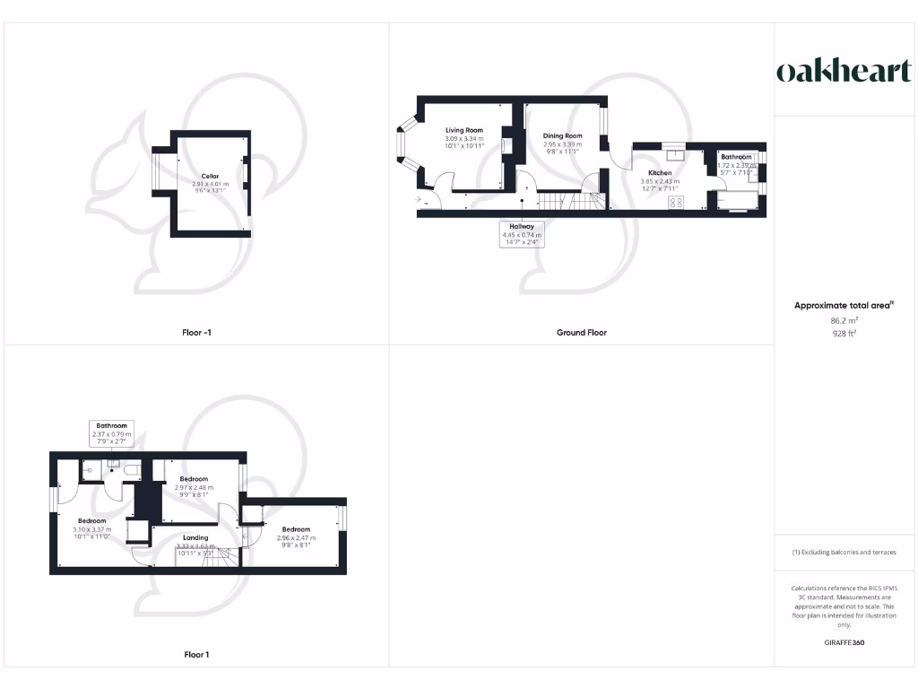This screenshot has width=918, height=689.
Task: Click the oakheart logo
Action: [843, 71]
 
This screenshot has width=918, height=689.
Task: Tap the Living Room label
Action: [463, 131]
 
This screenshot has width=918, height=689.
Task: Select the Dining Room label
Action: [562, 136]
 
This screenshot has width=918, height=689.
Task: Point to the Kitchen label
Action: [660, 172]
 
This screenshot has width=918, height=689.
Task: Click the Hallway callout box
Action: [521, 234]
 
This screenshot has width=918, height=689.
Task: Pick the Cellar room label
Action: [210, 176]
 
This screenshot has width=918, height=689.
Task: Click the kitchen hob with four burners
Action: [676, 203]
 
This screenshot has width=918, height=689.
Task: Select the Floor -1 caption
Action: [196, 332]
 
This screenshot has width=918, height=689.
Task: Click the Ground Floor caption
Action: [582, 332]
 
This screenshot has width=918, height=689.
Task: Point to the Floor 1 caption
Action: [196, 654]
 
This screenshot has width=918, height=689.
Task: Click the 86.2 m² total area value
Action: [844, 319]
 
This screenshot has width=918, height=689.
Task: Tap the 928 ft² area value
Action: [844, 333]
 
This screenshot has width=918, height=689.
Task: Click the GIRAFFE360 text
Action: [844, 642]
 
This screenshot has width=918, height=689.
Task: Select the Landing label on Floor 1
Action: [194, 537]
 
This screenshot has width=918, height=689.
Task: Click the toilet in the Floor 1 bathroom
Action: [131, 468]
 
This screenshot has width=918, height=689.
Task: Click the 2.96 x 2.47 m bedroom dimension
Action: [295, 538]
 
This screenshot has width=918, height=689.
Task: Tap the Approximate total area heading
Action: [844, 306]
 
